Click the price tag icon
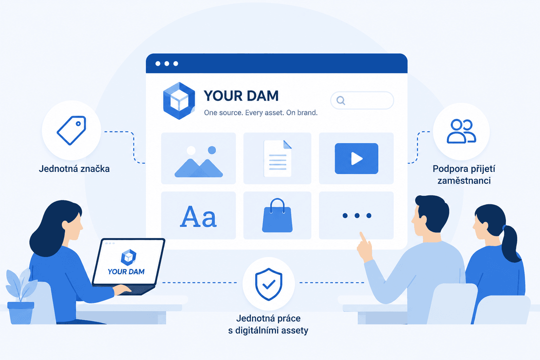pyautogui.click(x=72, y=130)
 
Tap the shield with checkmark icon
pyautogui.click(x=269, y=284)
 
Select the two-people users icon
pyautogui.click(x=461, y=131)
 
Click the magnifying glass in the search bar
pyautogui.click(x=341, y=100)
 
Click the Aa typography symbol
pyautogui.click(x=198, y=217)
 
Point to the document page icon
pyautogui.click(x=278, y=159)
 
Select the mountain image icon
pyautogui.click(x=199, y=162)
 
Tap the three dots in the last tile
pyautogui.click(x=357, y=216)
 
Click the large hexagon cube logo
pyautogui.click(x=179, y=101)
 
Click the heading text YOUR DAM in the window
pyautogui.click(x=241, y=96)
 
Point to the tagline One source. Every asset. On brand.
pyautogui.click(x=261, y=112)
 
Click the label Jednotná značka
pyautogui.click(x=74, y=169)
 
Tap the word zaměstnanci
pyautogui.click(x=464, y=181)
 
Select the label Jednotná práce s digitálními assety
pyautogui.click(x=268, y=324)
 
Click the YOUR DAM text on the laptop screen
pyautogui.click(x=126, y=272)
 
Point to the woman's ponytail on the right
pyautogui.click(x=512, y=244)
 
